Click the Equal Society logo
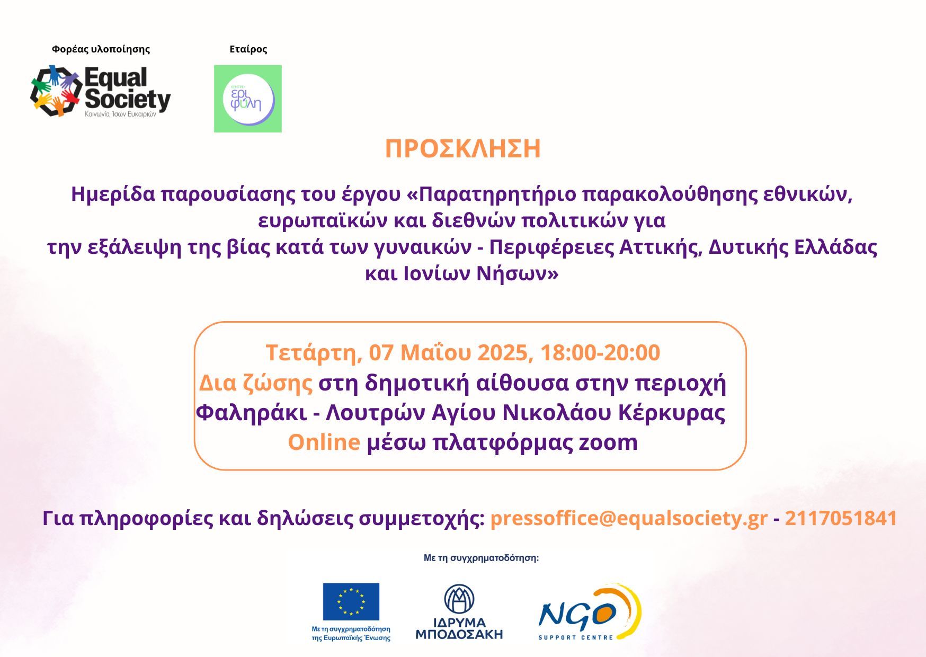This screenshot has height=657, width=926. coord(101,91)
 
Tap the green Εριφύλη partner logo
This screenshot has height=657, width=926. coord(248,99)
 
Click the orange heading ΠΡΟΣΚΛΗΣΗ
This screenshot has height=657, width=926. coord(463,149)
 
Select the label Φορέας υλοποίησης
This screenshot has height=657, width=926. coord(101,49)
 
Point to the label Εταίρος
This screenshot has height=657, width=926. coord(248,49)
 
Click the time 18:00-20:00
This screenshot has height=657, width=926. coord(600,353)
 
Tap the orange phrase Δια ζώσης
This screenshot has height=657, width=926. coord(256,383)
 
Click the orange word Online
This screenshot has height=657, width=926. coord(324,442)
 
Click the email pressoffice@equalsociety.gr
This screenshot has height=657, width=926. coord(629,518)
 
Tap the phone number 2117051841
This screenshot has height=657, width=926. coord(841,518)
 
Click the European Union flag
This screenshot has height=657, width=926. coord(351,601)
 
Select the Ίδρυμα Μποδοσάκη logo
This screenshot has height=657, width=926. coord(459,612)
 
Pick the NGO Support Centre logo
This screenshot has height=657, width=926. coord(590,612)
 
